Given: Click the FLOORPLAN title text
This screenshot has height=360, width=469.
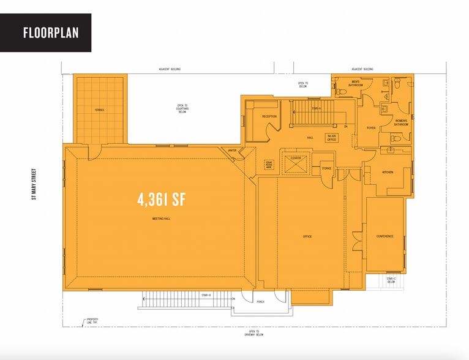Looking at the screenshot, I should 51,32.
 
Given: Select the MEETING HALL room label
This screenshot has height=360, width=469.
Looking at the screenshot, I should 162,219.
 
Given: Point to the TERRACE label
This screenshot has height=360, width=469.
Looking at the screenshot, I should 99,110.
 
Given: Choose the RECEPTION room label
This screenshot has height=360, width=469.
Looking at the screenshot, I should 269,116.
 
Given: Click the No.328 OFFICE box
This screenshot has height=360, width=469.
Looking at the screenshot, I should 332,138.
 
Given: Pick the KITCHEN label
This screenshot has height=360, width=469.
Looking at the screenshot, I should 388,172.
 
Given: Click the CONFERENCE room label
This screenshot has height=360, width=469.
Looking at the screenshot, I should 385,236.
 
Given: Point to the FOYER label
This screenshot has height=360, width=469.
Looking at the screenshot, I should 371,128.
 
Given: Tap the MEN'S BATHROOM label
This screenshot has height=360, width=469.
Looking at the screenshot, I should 356,84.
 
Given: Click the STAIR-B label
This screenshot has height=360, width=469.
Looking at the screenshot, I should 206,295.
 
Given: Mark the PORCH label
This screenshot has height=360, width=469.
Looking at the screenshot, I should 260,301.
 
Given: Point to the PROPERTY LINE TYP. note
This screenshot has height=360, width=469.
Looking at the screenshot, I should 92,321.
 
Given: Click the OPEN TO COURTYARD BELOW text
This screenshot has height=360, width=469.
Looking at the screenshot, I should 182,109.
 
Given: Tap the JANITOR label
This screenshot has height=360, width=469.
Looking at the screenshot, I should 231,149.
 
